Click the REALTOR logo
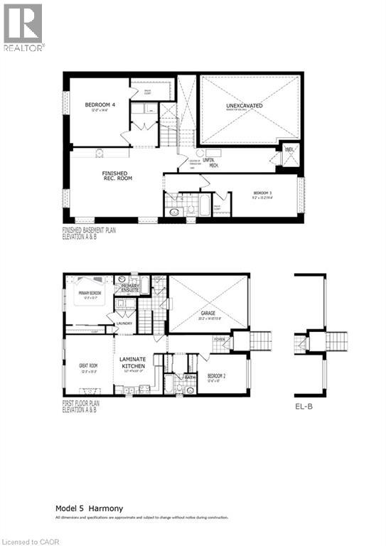23,28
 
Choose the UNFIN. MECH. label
209,162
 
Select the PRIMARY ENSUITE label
129,287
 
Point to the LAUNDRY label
125,323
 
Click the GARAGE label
208,313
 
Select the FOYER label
219,340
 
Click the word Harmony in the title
105,508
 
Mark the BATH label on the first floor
190,377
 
